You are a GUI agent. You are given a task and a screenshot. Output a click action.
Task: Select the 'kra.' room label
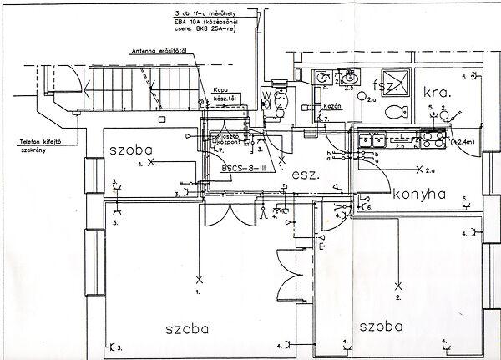click(x=438, y=93)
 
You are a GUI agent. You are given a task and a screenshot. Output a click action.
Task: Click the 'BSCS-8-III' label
click(x=243, y=167)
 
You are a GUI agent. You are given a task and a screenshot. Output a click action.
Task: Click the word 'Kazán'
click(x=332, y=107)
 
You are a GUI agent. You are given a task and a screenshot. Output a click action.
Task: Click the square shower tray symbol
click(x=394, y=81)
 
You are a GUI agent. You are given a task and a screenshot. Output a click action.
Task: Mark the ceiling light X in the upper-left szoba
click(x=151, y=164)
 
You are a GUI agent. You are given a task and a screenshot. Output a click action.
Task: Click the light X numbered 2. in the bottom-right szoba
click(x=399, y=284)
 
